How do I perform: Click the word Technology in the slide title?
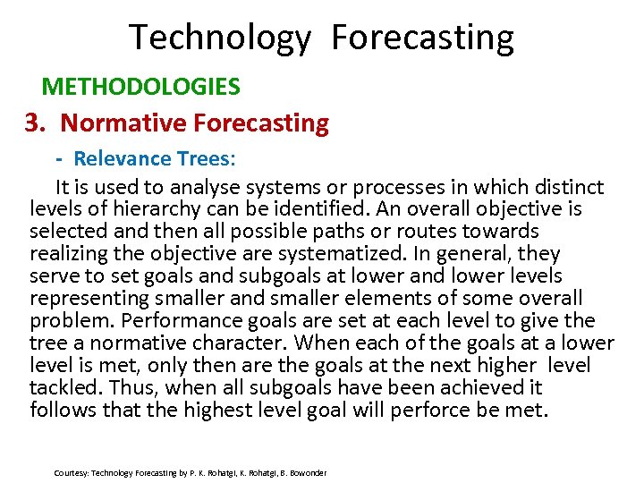coord(220,38)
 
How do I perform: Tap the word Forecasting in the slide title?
coord(422,38)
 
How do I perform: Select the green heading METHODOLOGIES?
coord(141,87)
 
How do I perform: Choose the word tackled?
coord(62,388)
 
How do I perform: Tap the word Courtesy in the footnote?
coord(71,472)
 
